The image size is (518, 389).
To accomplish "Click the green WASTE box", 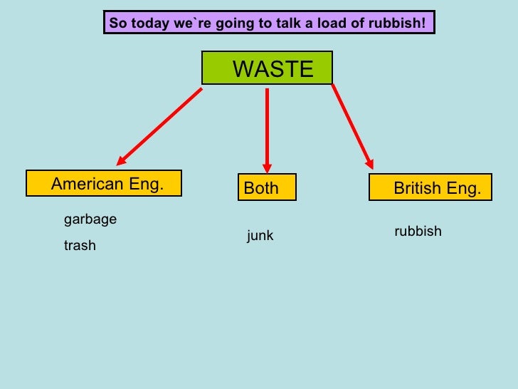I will (267, 68).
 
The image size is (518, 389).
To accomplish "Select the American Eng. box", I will (104, 184).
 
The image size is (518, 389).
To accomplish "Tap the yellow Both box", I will (266, 188).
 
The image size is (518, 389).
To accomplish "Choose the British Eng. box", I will (430, 188).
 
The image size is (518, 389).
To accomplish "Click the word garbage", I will (90, 219).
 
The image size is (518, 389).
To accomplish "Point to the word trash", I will (80, 246).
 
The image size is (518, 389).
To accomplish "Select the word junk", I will (260, 236).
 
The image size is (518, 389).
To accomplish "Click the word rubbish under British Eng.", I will (418, 232).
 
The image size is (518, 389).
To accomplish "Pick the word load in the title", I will (334, 24).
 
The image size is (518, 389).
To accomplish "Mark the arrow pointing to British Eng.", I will (351, 125).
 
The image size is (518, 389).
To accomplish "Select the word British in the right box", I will (417, 188).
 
